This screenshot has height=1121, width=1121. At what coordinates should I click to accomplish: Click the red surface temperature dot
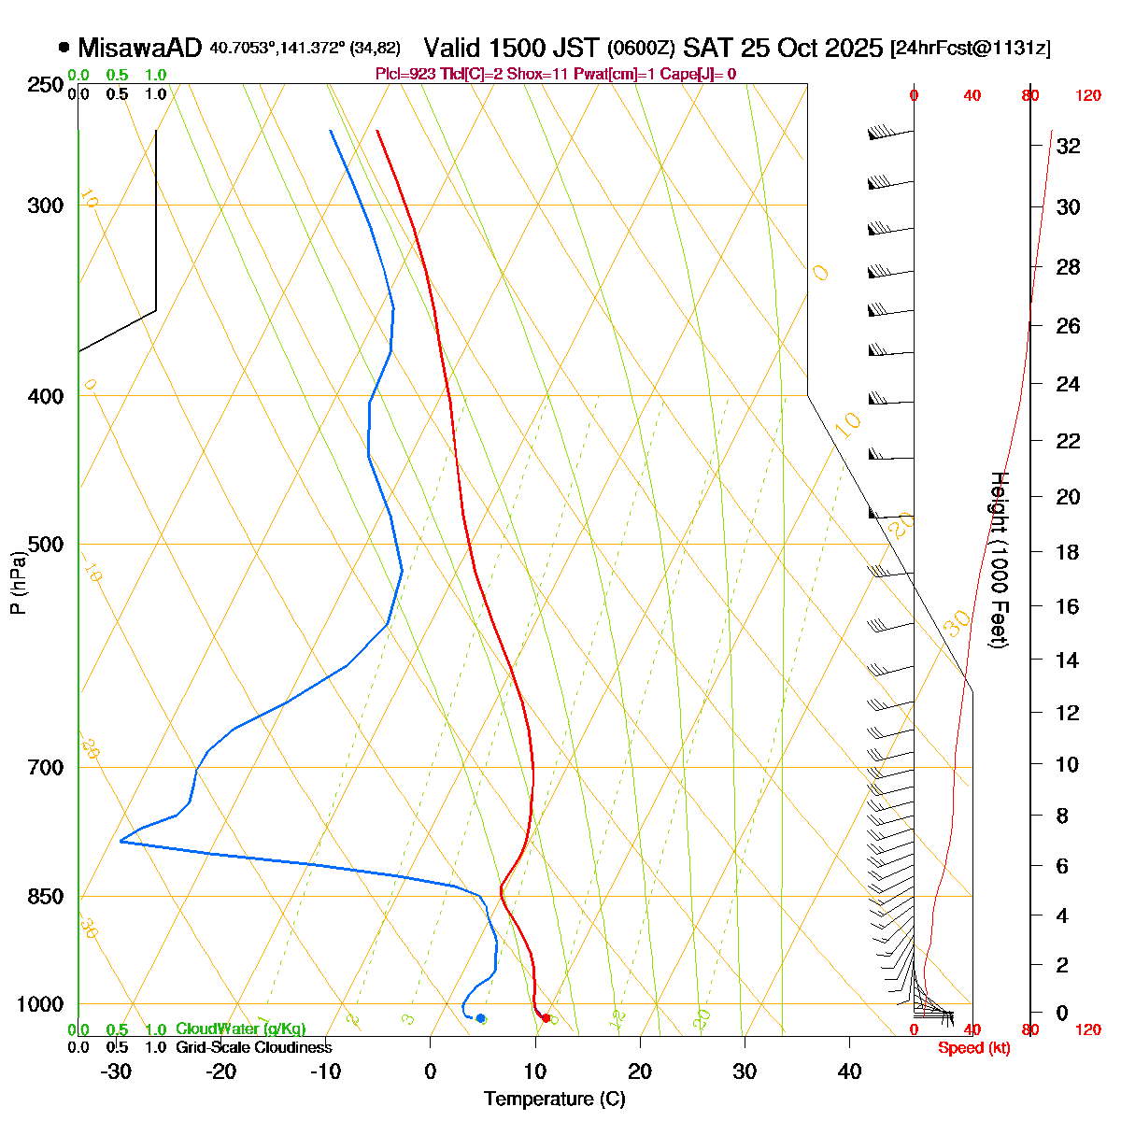546,1017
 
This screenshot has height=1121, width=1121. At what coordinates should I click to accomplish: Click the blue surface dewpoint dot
480,1017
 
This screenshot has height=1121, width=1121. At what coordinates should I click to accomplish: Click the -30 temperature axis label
116,1071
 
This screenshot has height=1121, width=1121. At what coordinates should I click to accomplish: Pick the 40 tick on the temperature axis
849,1071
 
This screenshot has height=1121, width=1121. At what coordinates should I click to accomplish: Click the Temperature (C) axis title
554,1099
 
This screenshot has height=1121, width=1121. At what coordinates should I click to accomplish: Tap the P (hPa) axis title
18,583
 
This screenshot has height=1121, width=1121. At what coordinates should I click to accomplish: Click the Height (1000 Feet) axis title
999,560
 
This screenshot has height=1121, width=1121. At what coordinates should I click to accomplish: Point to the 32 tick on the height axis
1068,146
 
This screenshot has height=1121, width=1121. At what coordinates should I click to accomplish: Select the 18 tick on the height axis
1068,552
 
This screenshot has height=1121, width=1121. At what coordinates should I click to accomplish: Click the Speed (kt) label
974,1048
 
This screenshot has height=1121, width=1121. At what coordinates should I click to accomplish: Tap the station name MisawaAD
140,48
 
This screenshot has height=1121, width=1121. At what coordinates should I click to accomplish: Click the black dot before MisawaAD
64,47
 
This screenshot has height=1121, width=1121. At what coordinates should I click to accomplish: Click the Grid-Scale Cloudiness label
253,1047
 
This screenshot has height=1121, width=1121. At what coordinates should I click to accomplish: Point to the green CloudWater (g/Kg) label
240,1029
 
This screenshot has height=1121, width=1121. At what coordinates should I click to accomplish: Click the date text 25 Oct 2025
812,48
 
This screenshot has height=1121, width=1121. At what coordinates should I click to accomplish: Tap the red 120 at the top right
1087,95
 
